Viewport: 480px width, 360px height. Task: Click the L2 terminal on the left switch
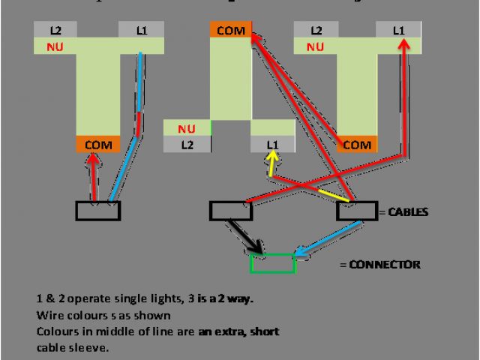[x=56, y=31]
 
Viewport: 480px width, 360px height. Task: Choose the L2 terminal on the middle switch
[x=187, y=145]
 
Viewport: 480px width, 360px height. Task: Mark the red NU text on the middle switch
[x=187, y=128]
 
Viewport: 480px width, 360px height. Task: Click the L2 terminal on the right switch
[x=316, y=31]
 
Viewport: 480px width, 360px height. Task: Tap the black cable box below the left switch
[x=97, y=211]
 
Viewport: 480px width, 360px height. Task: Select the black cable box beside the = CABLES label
[x=356, y=211]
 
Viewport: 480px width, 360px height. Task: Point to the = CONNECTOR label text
[x=379, y=264]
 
